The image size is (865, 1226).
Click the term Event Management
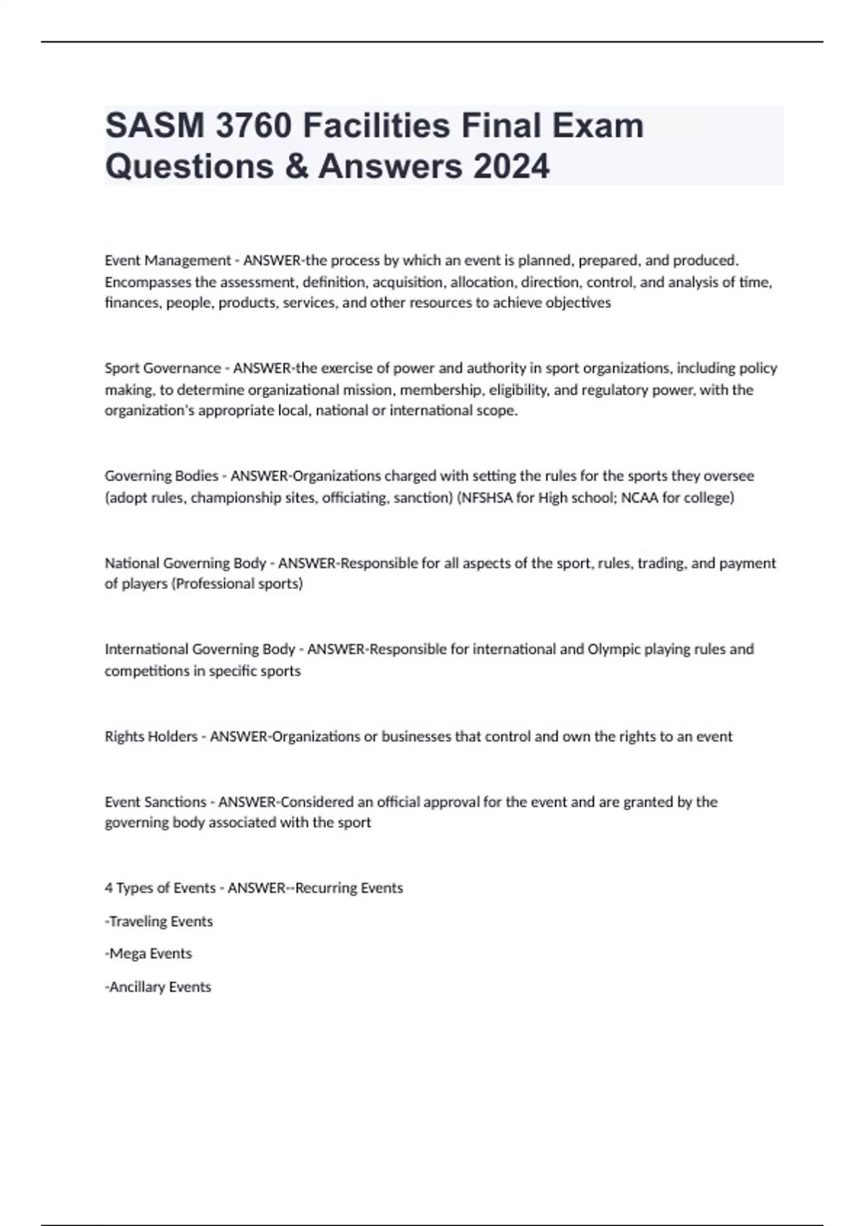167,260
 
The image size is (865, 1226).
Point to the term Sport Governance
163,368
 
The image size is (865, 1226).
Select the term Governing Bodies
161,476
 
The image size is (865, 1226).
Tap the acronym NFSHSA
487,498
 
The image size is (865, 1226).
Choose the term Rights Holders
151,736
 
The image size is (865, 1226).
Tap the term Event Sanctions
155,802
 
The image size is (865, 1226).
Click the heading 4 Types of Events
160,888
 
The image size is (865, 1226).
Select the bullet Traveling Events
160,921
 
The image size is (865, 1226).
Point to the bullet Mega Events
150,953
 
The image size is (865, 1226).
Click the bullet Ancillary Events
159,987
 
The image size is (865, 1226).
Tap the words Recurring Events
349,888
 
